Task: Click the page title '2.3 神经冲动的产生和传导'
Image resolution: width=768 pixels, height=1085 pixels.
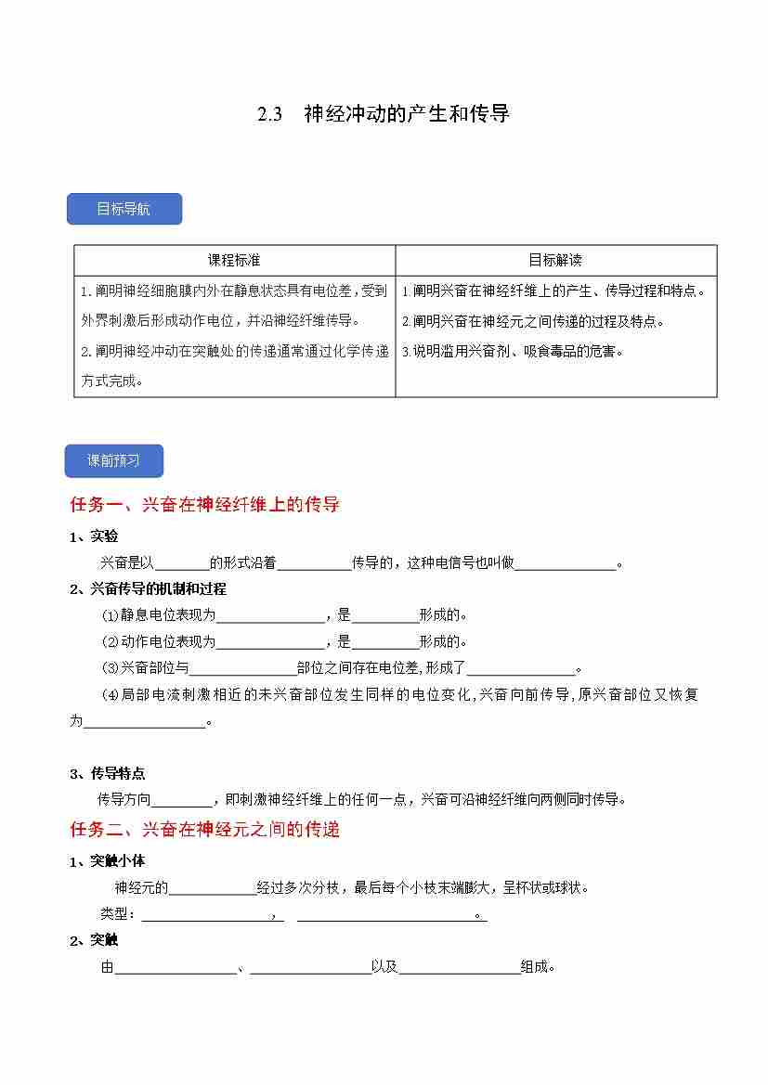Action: coord(384,115)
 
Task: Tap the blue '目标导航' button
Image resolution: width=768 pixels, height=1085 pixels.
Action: coord(124,209)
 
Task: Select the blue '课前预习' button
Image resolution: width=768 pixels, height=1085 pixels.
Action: coord(113,460)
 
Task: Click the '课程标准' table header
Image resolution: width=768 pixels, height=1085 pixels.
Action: coord(234,260)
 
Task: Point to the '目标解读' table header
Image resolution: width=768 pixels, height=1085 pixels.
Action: coord(555,260)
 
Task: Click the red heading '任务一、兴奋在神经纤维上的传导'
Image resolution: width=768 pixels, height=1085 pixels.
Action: coord(205,505)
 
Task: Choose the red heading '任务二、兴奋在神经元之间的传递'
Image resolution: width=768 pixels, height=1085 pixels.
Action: coord(205,829)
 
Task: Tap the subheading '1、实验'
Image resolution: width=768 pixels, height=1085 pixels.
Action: coord(94,536)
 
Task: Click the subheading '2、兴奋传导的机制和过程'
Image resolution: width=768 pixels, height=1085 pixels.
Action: coord(149,588)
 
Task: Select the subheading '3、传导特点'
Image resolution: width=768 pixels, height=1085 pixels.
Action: coord(108,773)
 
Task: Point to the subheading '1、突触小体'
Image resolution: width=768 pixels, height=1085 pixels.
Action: coord(108,861)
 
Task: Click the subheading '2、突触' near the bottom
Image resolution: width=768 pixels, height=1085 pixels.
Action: coord(94,940)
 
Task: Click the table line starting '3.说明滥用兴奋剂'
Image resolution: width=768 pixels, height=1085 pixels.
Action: coord(512,351)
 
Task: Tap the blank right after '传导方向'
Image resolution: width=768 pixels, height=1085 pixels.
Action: coord(182,799)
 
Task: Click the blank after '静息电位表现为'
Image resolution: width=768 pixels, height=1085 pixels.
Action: coord(269,615)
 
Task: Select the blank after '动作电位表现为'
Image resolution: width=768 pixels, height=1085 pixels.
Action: coord(269,641)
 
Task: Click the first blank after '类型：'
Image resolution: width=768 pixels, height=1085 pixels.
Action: coord(205,915)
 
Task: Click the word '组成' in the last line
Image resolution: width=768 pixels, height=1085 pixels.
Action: coord(535,967)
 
